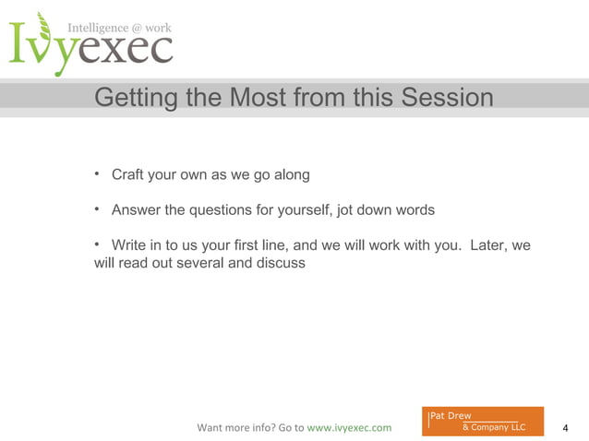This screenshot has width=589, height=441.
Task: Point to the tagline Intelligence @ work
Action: tap(119, 29)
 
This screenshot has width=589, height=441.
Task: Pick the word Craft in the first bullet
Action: tap(129, 174)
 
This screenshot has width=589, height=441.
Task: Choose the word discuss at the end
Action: tap(279, 263)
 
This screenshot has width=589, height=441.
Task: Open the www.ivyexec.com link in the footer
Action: tap(348, 428)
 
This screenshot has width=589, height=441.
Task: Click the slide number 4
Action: tap(565, 428)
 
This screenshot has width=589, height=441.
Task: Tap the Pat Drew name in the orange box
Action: tap(451, 416)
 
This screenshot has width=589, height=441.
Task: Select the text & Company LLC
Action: tap(493, 427)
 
